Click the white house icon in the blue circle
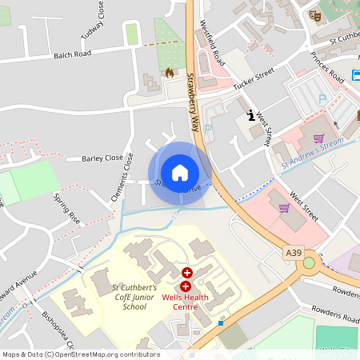(180, 173)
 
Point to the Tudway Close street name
(93, 22)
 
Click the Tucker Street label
(254, 78)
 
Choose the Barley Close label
(102, 158)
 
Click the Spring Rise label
(67, 207)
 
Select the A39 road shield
(294, 253)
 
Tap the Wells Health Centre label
(186, 306)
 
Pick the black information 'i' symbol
(251, 115)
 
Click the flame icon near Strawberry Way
(170, 73)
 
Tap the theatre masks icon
(315, 14)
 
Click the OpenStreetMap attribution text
(81, 354)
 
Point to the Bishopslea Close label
(58, 329)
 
